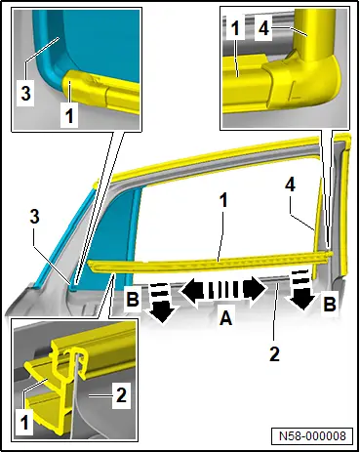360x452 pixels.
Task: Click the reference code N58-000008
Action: click(312, 435)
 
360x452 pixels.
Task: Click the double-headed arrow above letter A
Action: click(223, 289)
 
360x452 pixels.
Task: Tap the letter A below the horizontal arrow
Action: click(225, 317)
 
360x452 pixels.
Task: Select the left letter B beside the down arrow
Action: click(133, 299)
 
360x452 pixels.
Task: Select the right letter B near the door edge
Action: click(330, 305)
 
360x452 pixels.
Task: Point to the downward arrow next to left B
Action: click(161, 304)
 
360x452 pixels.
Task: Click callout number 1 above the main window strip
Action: click(223, 201)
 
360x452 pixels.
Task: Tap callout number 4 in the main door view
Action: click(291, 185)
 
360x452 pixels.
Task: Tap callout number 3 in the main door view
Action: click(34, 217)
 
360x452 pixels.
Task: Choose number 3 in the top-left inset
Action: click(25, 93)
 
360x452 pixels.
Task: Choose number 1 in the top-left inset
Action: click(69, 116)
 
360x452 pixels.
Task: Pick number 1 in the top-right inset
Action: click(235, 27)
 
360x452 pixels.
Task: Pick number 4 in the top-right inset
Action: click(263, 28)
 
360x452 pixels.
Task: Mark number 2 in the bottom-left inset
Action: click(121, 395)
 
